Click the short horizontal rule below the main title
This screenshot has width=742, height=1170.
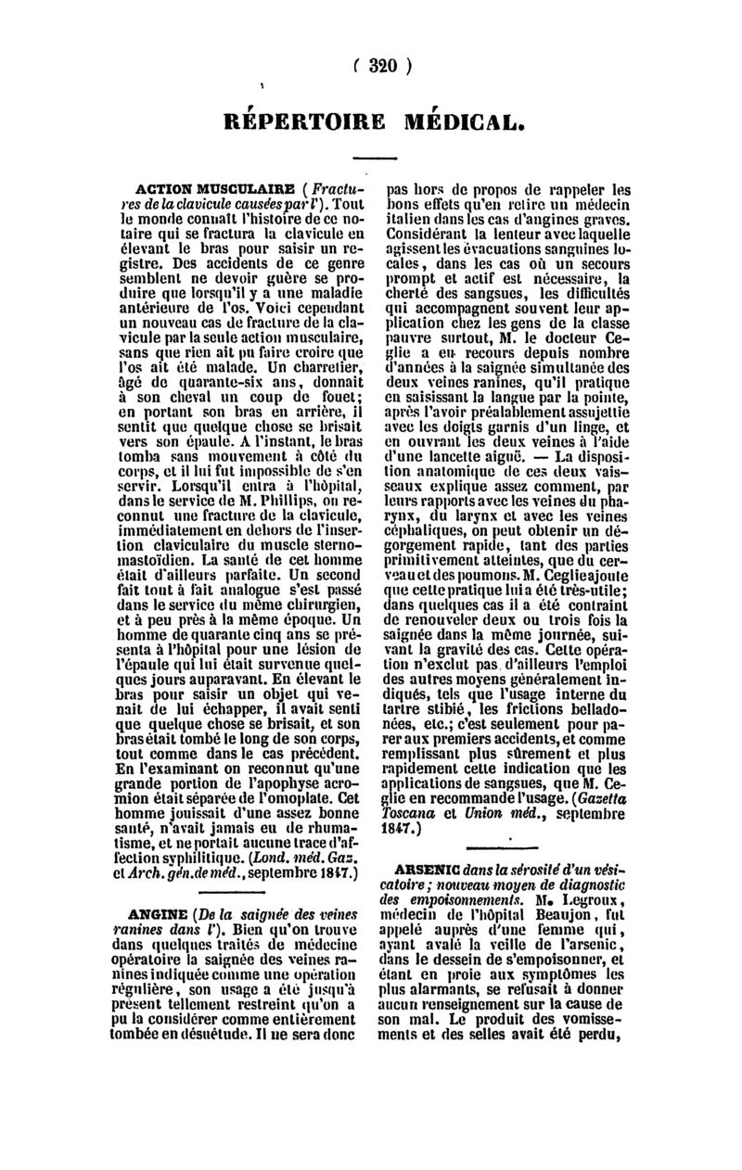click(x=377, y=156)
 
